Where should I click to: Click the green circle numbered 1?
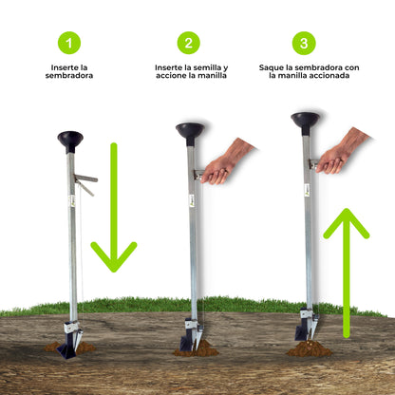[69, 43]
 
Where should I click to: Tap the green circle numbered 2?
[189, 43]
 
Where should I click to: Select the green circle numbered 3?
[304, 43]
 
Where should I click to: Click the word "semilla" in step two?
[206, 67]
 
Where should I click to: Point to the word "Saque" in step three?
[271, 67]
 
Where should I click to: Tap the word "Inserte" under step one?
[65, 67]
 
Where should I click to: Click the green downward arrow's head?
[114, 257]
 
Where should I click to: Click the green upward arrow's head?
[347, 223]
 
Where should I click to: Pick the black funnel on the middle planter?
[190, 134]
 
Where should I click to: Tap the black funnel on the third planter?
[306, 122]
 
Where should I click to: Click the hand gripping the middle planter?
[226, 162]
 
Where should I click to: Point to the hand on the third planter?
[342, 151]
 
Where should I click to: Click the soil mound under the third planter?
[309, 348]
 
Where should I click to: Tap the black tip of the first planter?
[67, 349]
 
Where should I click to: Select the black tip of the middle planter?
[185, 343]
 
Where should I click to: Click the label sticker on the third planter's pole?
[307, 190]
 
